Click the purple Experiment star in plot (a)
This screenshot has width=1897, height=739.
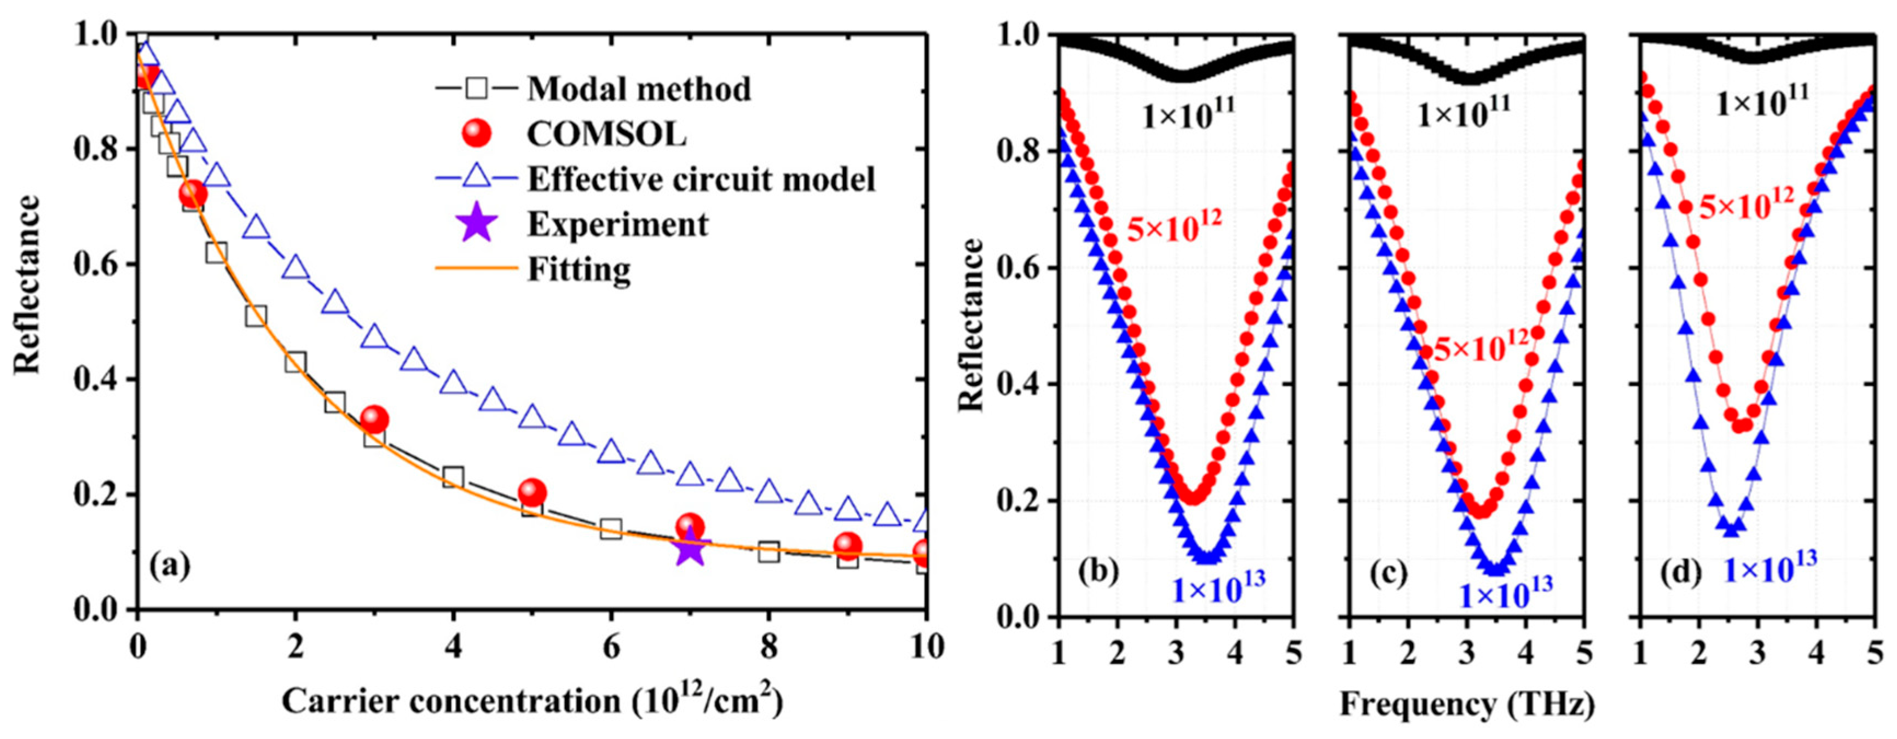click(690, 548)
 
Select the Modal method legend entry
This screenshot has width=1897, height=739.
click(638, 90)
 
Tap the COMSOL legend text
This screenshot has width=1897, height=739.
click(606, 135)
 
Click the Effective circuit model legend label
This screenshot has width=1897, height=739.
click(701, 179)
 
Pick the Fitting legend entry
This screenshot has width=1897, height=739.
click(579, 269)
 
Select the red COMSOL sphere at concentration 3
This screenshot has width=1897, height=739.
click(375, 420)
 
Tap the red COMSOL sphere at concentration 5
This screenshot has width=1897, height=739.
click(531, 492)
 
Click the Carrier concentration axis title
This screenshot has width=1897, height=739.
click(531, 701)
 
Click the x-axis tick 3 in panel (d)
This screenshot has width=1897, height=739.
click(1758, 653)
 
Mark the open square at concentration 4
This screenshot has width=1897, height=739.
click(453, 478)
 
